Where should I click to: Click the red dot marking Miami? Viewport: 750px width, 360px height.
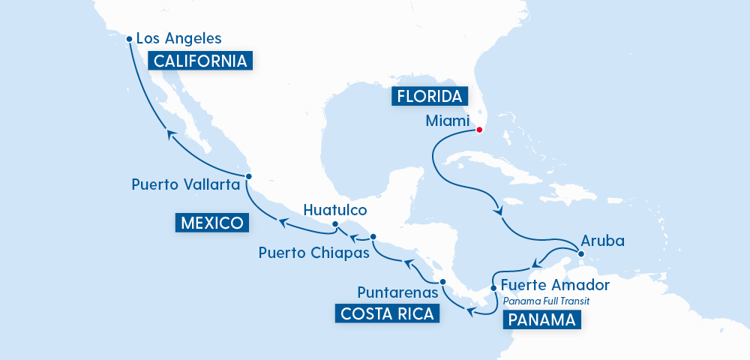pyautogui.click(x=479, y=130)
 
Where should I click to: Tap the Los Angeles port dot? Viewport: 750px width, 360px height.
pyautogui.click(x=129, y=39)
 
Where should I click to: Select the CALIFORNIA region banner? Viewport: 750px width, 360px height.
pyautogui.click(x=200, y=61)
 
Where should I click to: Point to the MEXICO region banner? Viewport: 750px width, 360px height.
pyautogui.click(x=212, y=223)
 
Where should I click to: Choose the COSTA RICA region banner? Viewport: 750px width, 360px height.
pyautogui.click(x=387, y=313)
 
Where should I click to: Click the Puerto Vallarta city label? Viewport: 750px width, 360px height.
pyautogui.click(x=184, y=184)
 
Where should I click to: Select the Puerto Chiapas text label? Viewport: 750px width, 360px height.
pyautogui.click(x=313, y=253)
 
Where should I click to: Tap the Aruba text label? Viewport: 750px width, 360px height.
pyautogui.click(x=602, y=242)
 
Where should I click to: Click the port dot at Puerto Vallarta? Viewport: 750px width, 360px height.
pyautogui.click(x=249, y=177)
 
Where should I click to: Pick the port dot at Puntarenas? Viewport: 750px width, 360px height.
pyautogui.click(x=442, y=282)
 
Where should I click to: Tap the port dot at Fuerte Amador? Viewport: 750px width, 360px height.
pyautogui.click(x=493, y=287)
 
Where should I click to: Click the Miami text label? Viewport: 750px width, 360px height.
pyautogui.click(x=447, y=121)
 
